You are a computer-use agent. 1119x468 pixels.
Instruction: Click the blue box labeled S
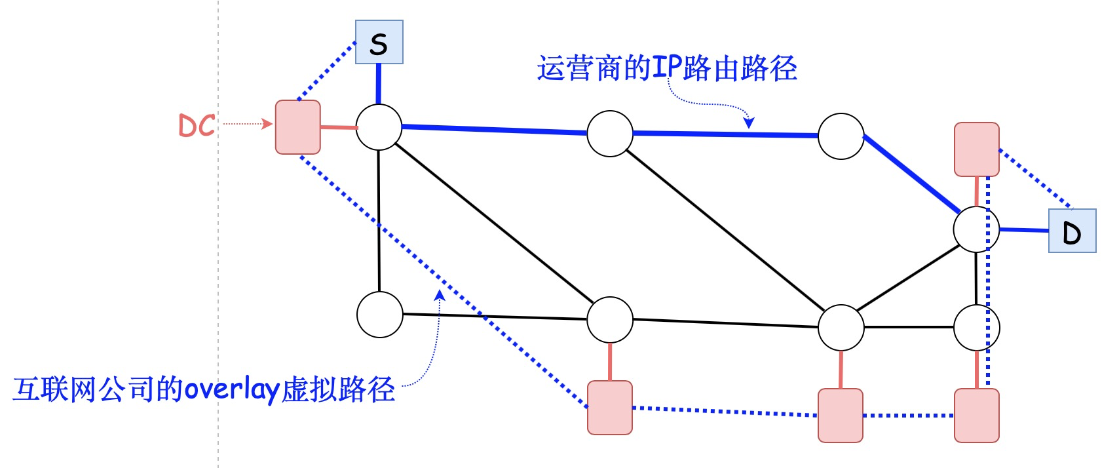pyautogui.click(x=379, y=43)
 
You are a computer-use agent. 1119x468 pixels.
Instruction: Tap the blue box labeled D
pyautogui.click(x=1072, y=231)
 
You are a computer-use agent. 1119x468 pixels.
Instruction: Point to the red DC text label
pyautogui.click(x=197, y=125)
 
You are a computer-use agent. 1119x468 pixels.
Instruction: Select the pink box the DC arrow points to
pyautogui.click(x=298, y=127)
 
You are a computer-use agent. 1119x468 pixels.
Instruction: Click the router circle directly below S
pyautogui.click(x=379, y=127)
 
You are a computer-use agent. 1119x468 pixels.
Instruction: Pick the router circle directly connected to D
pyautogui.click(x=976, y=229)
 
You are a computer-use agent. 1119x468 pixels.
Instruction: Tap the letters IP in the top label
pyautogui.click(x=668, y=68)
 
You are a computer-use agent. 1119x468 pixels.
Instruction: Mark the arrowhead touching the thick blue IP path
pyautogui.click(x=749, y=123)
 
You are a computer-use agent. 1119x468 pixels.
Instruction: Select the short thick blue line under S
pyautogui.click(x=378, y=83)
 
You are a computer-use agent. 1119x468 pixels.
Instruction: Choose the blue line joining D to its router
pyautogui.click(x=1024, y=230)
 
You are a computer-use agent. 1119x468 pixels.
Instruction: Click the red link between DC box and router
pyautogui.click(x=339, y=127)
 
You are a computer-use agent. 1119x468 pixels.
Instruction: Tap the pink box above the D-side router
pyautogui.click(x=976, y=149)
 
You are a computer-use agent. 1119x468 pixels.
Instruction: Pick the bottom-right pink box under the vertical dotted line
pyautogui.click(x=976, y=416)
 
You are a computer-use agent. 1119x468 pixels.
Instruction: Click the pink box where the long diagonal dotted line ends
pyautogui.click(x=610, y=408)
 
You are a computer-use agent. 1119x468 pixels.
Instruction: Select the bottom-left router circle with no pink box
pyautogui.click(x=380, y=315)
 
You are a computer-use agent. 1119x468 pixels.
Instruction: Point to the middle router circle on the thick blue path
pyautogui.click(x=610, y=134)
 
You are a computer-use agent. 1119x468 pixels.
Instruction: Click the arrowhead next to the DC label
pyautogui.click(x=267, y=123)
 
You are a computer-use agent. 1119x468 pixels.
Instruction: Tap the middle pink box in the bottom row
pyautogui.click(x=841, y=416)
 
